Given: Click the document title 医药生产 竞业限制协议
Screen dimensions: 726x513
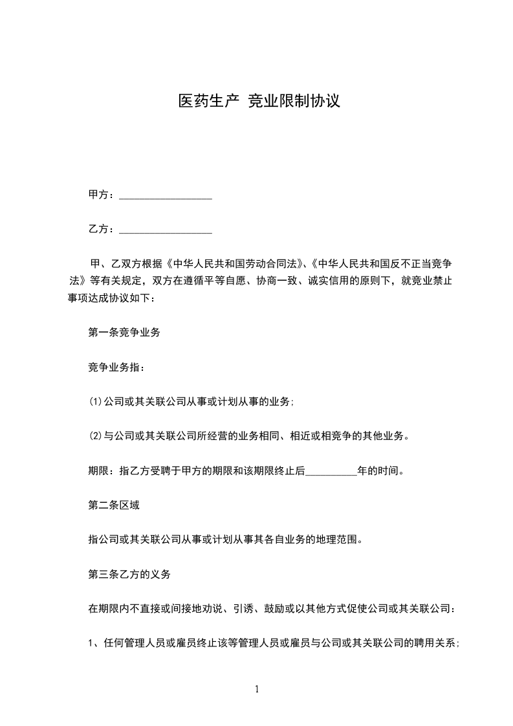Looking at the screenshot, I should [x=259, y=101].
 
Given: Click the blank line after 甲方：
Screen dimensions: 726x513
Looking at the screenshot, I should [x=166, y=195].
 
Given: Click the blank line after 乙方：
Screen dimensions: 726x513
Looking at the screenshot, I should [x=166, y=230].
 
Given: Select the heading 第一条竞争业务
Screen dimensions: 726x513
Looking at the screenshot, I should [x=124, y=333].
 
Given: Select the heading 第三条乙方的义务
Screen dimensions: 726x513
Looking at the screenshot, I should [x=129, y=574].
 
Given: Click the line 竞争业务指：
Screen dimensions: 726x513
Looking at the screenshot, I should [x=116, y=368].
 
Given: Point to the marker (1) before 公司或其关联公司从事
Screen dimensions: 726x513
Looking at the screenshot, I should [x=96, y=402].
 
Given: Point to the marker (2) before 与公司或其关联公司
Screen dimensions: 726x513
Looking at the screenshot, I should [x=96, y=436].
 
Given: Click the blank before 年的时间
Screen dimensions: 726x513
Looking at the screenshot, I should [x=331, y=472].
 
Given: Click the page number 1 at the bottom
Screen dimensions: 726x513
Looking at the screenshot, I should [x=257, y=689].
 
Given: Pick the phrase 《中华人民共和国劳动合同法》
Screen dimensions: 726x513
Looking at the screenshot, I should [x=235, y=264].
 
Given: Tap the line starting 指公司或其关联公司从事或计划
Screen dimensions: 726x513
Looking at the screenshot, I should [x=224, y=539].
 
